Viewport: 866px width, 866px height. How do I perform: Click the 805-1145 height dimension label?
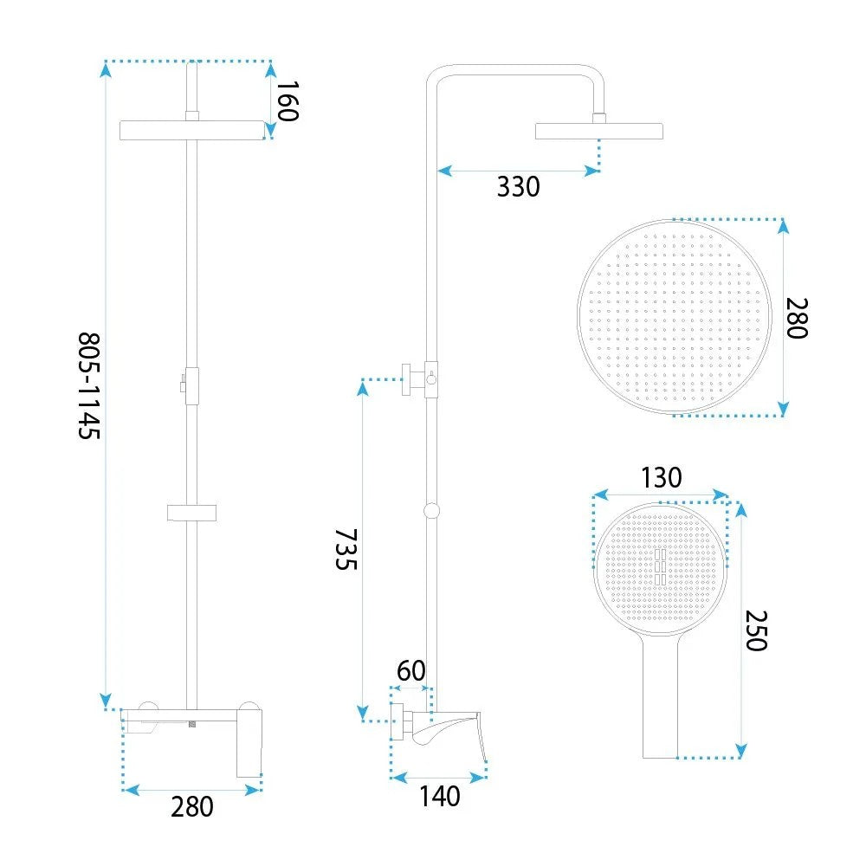[x=89, y=385]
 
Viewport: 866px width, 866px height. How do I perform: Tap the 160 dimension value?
[x=288, y=100]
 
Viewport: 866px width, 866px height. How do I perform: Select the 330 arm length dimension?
[x=518, y=187]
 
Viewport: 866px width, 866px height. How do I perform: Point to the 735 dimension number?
[x=346, y=549]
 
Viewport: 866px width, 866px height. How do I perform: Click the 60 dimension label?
[x=410, y=671]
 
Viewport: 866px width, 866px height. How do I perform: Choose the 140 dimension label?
[x=440, y=796]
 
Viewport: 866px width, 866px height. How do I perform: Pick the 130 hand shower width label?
[x=661, y=478]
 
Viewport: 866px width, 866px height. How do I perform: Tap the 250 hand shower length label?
[x=756, y=630]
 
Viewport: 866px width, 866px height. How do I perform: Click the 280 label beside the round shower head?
[x=797, y=318]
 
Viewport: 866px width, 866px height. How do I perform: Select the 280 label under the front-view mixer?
[x=191, y=806]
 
